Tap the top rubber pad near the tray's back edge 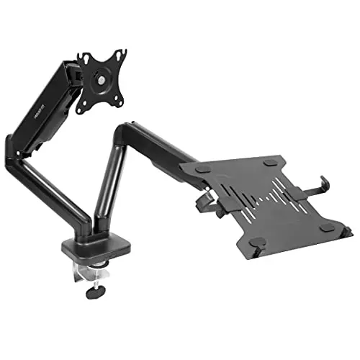click(x=269, y=164)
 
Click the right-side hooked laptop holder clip click(x=317, y=189)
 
